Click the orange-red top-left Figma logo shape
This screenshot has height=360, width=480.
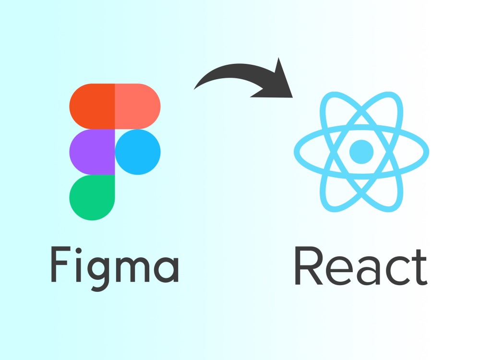point(92,106)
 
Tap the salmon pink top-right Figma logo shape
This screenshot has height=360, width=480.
point(138,106)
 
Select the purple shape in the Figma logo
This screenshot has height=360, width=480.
point(92,152)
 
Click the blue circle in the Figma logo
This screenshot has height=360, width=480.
point(138,152)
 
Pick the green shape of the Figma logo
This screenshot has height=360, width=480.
point(92,197)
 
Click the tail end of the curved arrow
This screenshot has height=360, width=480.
point(194,89)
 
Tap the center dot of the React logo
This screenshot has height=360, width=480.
point(361,152)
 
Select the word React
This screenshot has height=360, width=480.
point(361,266)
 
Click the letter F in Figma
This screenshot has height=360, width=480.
point(59,264)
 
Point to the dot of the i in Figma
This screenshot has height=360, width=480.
point(78,251)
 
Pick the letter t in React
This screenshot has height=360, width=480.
point(420,267)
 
